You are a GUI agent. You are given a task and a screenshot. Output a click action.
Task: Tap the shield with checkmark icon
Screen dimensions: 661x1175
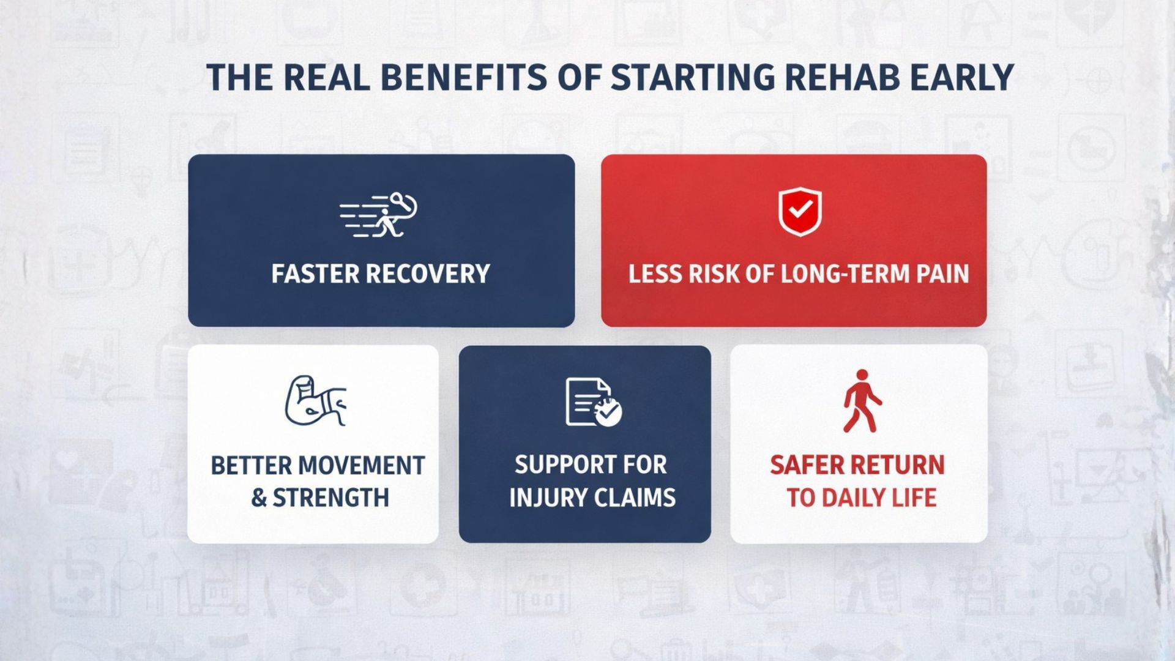point(800,212)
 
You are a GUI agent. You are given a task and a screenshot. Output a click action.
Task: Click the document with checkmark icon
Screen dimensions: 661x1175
point(592,402)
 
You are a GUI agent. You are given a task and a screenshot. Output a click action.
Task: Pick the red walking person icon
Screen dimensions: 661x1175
point(862,401)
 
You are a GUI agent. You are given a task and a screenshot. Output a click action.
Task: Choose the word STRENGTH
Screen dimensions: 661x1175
point(330,498)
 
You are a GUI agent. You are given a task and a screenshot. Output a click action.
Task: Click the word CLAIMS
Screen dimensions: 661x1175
point(635,498)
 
